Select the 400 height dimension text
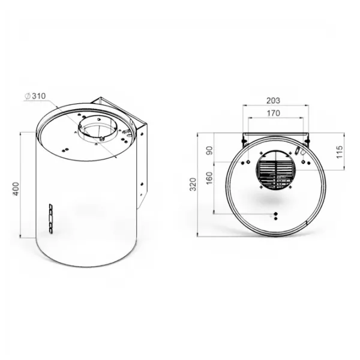pos(16,189)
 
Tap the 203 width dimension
pos(273,101)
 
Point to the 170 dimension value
pos(274,113)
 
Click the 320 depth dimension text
pos(193,184)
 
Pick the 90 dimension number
pos(209,151)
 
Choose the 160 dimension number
pos(209,178)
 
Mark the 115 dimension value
pos(339,152)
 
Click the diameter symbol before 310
pos(28,96)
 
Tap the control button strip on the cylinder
pos(51,218)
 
